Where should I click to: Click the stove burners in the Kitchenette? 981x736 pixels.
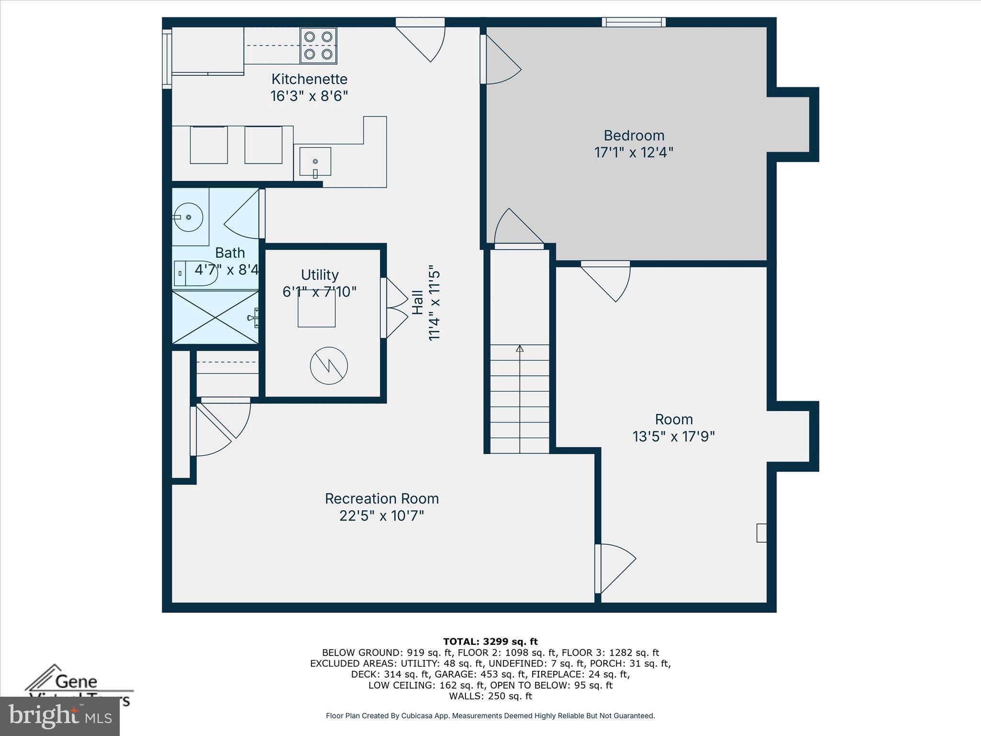[x=319, y=46]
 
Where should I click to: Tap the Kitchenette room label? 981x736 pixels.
[x=309, y=79]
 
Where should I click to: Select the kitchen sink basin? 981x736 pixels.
[x=315, y=162]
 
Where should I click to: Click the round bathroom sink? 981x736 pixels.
[x=188, y=217]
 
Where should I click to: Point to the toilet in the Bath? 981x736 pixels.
[x=195, y=274]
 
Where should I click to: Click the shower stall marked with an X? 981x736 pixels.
[x=215, y=317]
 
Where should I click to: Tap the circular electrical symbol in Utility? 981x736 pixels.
[x=329, y=366]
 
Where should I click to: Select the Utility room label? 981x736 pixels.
[x=319, y=275]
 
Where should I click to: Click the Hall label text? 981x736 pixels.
[x=418, y=302]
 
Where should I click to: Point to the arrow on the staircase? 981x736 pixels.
[x=520, y=349]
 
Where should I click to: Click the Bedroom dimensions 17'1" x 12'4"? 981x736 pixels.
[x=633, y=153]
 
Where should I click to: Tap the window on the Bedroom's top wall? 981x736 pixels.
[x=634, y=22]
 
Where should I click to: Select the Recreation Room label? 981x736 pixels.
[x=382, y=499]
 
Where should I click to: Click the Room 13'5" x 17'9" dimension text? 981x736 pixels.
[x=673, y=437]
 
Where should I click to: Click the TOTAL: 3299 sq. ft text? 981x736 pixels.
[x=490, y=642]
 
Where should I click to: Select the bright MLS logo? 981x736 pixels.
[x=60, y=716]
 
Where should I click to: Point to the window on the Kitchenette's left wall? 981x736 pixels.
[x=167, y=59]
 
